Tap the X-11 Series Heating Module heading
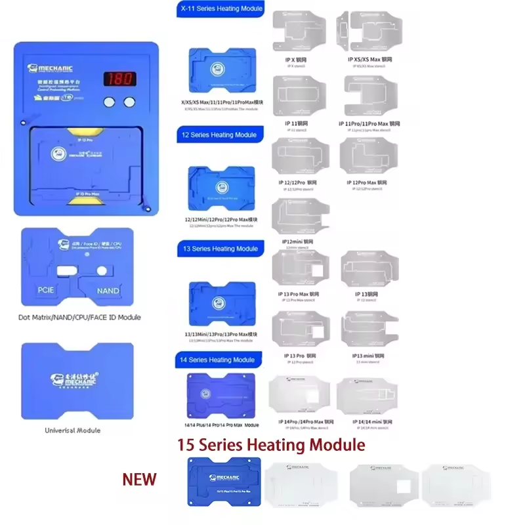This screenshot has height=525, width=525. click(x=221, y=9)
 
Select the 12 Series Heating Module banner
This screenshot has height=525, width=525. click(x=218, y=135)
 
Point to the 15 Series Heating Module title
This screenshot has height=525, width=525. click(x=271, y=445)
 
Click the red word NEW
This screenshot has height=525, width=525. click(x=139, y=479)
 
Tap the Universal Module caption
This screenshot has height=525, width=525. click(x=72, y=430)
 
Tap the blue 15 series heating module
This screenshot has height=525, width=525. click(x=219, y=482)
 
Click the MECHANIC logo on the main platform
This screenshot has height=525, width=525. click(x=50, y=68)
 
